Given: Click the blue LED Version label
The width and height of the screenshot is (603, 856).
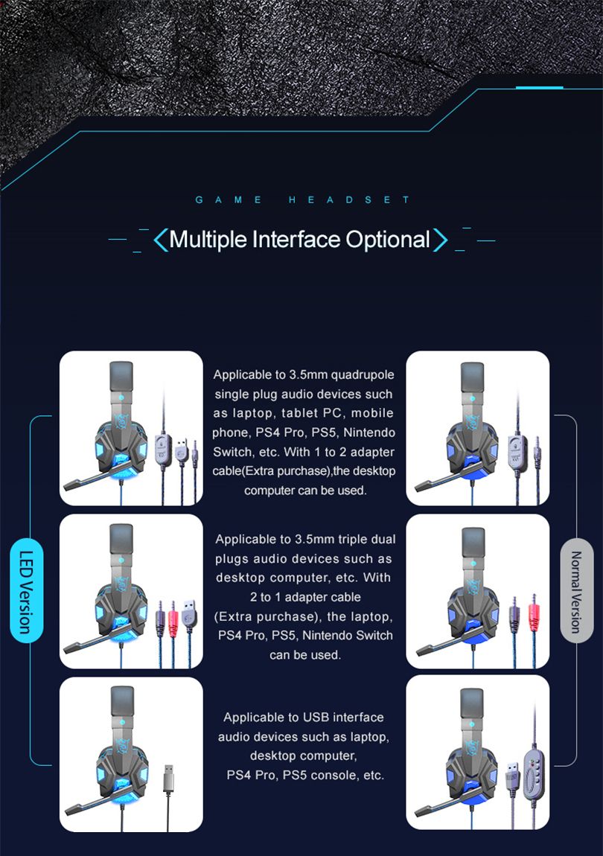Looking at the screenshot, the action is [x=26, y=591].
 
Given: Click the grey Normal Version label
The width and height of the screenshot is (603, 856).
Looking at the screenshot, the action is [x=576, y=591].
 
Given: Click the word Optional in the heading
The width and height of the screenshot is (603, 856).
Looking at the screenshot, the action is [x=388, y=240].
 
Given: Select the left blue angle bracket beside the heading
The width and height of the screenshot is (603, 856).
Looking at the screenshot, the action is [x=160, y=240].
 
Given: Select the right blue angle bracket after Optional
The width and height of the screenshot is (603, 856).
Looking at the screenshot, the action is [x=440, y=240].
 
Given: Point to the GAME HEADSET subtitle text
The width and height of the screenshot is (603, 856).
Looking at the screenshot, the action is [x=302, y=199].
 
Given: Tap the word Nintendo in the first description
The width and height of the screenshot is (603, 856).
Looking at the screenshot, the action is [x=369, y=432].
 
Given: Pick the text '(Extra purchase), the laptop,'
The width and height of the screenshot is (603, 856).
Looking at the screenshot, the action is [x=303, y=617].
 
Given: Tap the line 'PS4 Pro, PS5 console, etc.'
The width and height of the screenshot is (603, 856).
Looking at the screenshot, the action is [x=305, y=775].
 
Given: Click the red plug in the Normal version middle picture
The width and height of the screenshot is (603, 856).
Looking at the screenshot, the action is [x=535, y=613].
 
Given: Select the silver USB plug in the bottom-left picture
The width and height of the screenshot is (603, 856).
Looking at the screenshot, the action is [x=169, y=779].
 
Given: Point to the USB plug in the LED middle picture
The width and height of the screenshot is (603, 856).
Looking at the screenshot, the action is [x=190, y=613].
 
